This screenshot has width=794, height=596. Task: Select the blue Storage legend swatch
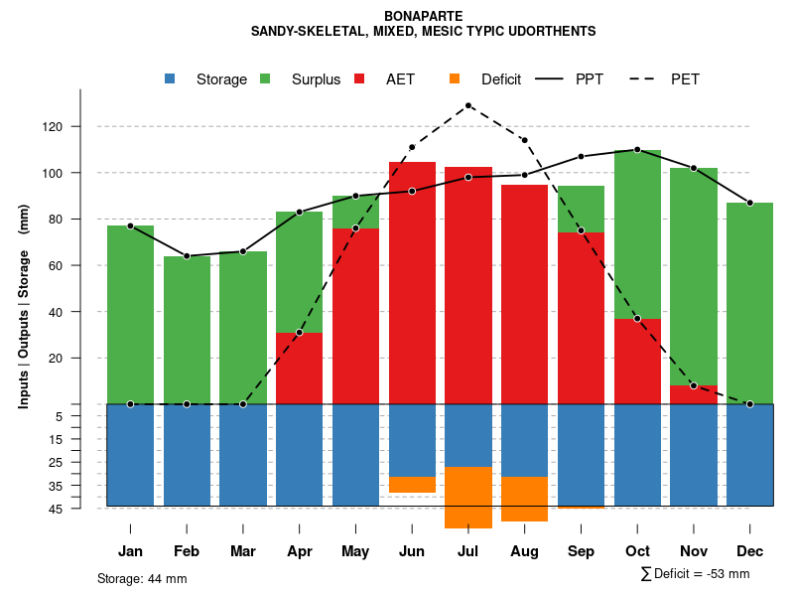[x=170, y=79]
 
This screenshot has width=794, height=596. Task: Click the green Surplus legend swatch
[x=265, y=79]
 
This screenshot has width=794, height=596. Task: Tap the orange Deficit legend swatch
[x=455, y=79]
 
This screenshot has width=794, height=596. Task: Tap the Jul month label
[x=468, y=551]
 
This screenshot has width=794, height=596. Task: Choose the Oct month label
[x=637, y=551]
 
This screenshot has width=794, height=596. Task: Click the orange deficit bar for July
[x=468, y=497]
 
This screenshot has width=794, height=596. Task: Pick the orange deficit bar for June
[x=412, y=485]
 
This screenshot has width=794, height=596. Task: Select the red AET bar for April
[x=300, y=368]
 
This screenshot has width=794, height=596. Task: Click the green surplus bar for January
[x=130, y=314]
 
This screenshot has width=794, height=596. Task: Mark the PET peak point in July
[x=468, y=105]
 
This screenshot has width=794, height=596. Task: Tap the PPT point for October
[x=637, y=150]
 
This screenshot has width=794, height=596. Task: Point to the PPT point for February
[x=187, y=256]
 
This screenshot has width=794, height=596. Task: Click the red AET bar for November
[x=694, y=394]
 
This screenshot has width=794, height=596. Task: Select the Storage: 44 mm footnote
[x=142, y=578]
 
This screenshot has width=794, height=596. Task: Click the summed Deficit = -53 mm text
[x=696, y=574]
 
